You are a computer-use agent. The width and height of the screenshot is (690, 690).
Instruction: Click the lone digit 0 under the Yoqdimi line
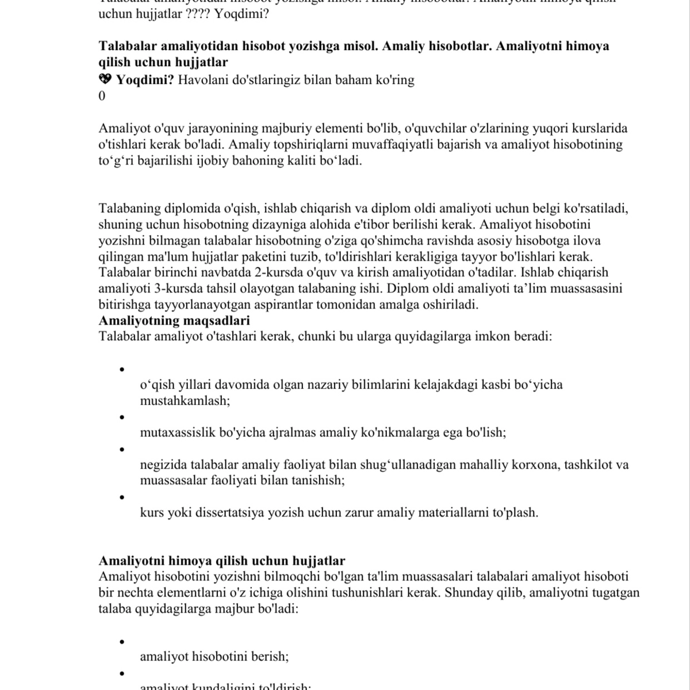(102, 96)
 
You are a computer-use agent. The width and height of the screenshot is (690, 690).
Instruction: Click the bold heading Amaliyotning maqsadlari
(174, 320)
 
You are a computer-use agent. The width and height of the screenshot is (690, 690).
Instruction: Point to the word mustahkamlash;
(185, 401)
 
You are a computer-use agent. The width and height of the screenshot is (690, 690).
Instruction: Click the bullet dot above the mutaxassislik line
(121, 417)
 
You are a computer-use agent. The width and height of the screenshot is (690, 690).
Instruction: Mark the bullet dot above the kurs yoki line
(121, 497)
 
